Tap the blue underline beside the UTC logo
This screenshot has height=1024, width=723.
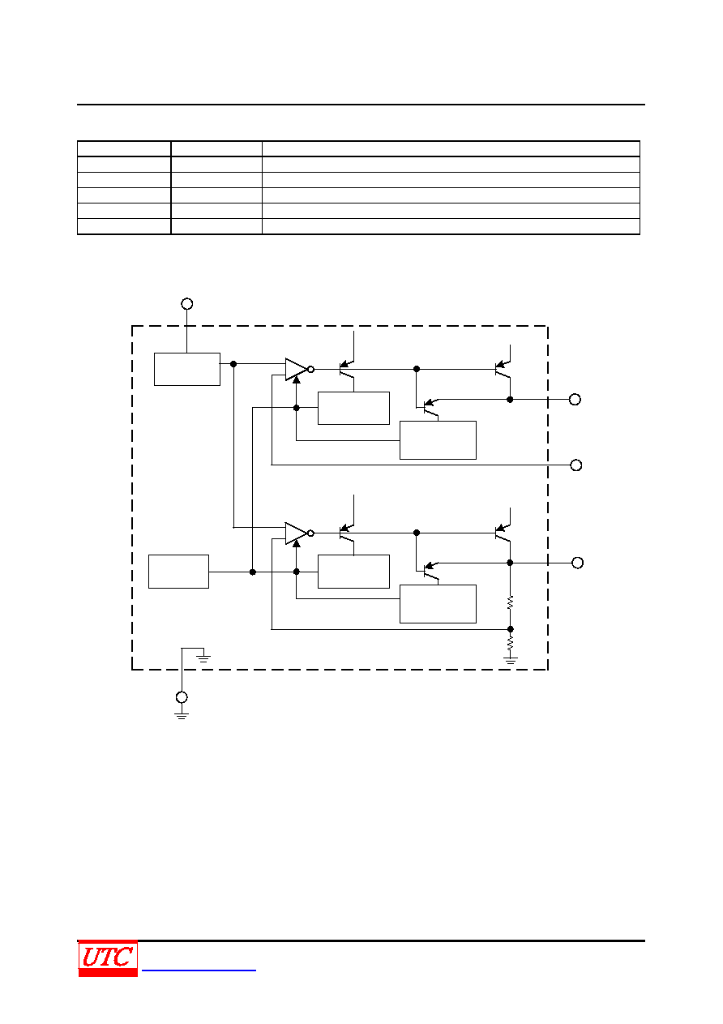tap(199, 970)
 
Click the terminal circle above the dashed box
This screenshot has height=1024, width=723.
tap(187, 303)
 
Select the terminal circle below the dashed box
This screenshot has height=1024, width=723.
tap(182, 697)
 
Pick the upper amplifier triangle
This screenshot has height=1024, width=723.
tap(296, 369)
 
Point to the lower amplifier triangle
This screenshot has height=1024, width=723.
tap(296, 533)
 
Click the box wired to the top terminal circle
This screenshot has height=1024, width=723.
tap(187, 369)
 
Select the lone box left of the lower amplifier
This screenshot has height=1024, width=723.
tap(178, 572)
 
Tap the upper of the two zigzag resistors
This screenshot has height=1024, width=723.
tap(511, 602)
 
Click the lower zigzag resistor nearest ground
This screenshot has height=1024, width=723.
tap(511, 644)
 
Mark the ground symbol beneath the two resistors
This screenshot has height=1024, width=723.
tap(511, 660)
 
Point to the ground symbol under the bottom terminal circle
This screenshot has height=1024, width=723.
tap(182, 715)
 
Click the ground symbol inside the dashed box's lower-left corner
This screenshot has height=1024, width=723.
tap(203, 658)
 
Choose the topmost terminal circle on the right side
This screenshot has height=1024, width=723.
tap(575, 400)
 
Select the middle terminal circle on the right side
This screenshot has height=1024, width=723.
tap(575, 465)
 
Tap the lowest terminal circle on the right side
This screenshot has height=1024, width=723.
tap(578, 563)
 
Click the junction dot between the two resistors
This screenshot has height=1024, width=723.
tap(511, 629)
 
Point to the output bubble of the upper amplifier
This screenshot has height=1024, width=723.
tap(310, 369)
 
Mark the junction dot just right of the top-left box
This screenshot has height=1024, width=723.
tap(233, 364)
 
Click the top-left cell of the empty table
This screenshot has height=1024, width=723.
tap(124, 148)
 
